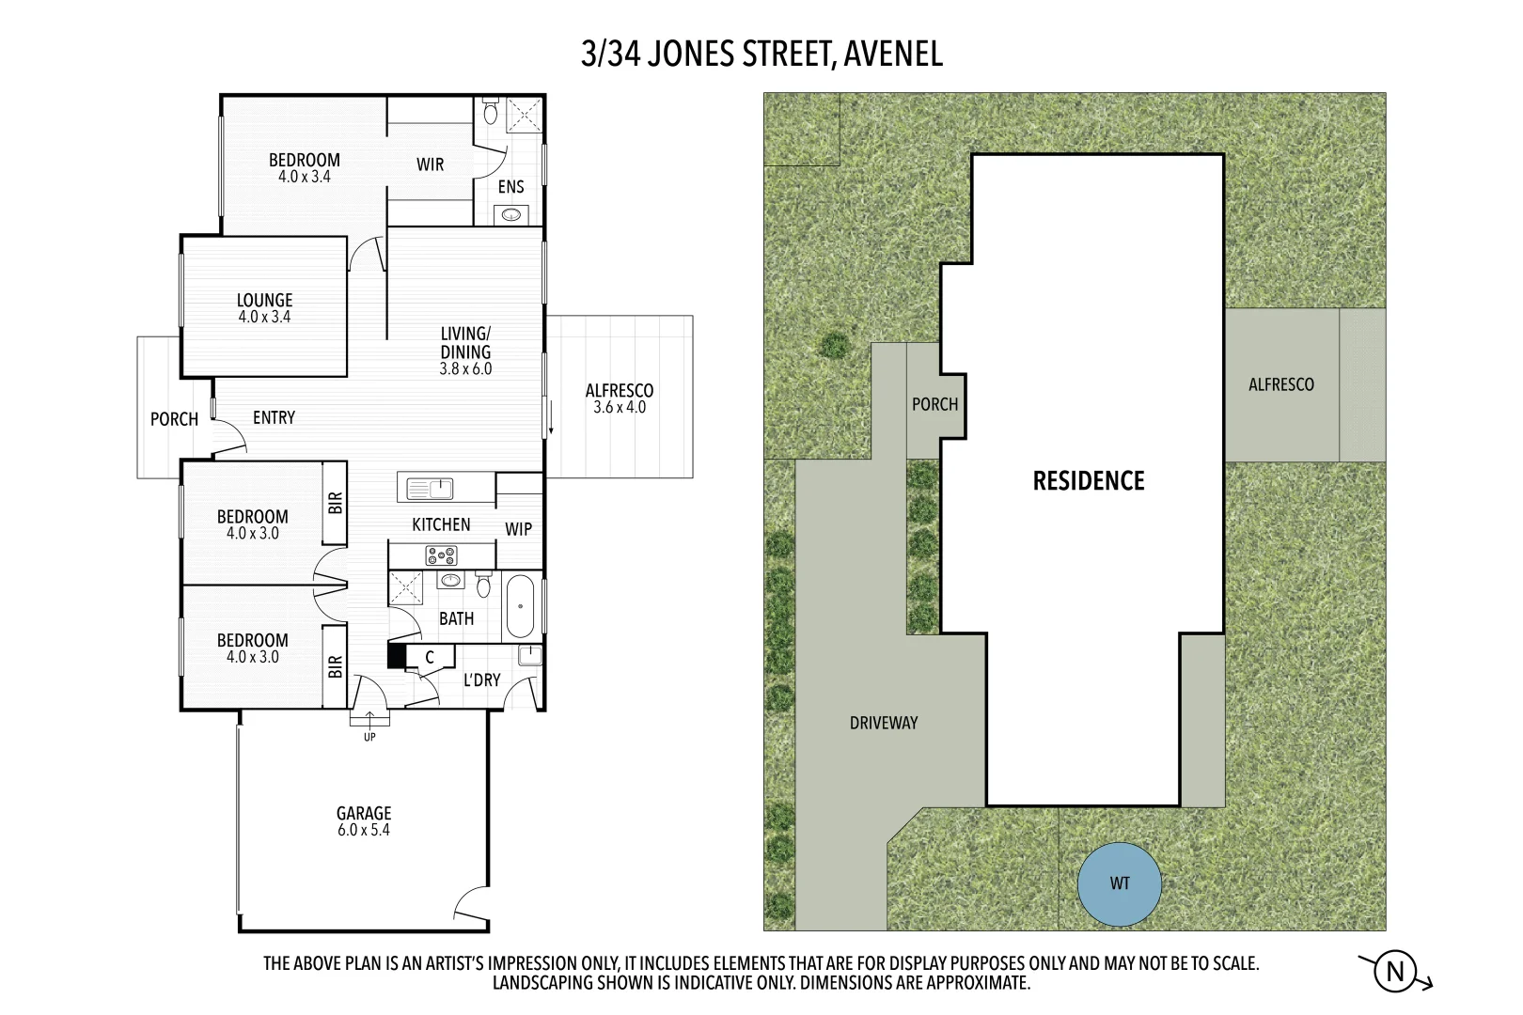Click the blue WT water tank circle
[1119, 883]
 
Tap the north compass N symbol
[1395, 972]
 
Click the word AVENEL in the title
[893, 54]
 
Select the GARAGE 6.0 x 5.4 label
[364, 820]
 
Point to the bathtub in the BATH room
[520, 606]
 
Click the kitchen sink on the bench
[431, 488]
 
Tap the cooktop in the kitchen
[441, 555]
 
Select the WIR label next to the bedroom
[430, 164]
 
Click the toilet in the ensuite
[490, 113]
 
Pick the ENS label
[510, 187]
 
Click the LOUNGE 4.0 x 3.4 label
[264, 307]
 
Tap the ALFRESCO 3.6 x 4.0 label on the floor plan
[619, 398]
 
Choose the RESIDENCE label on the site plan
[1089, 481]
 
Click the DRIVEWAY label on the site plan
[883, 723]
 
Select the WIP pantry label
[518, 529]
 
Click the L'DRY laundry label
[481, 679]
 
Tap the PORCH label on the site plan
[934, 404]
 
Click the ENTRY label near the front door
[274, 417]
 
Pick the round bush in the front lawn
[833, 346]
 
